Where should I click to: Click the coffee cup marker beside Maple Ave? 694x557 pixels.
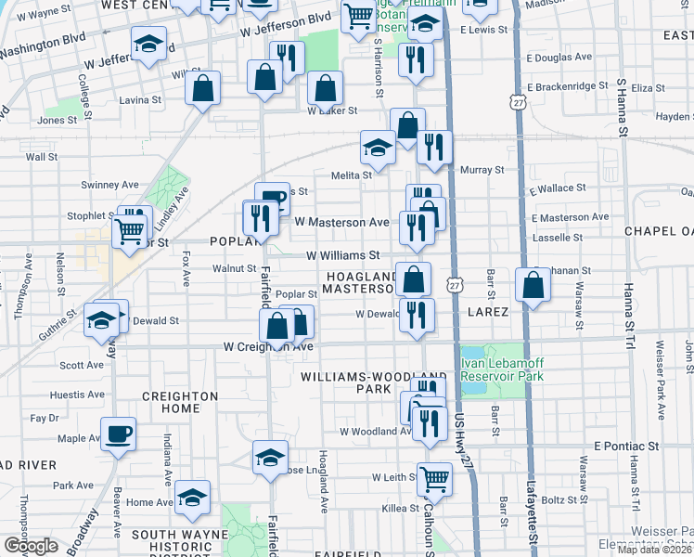pyautogui.click(x=118, y=434)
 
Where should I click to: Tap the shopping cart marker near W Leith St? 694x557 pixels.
pyautogui.click(x=434, y=479)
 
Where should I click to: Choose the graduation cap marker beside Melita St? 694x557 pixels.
pyautogui.click(x=378, y=147)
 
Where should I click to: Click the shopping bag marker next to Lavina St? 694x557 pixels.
pyautogui.click(x=202, y=90)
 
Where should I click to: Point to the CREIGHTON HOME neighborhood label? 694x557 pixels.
pyautogui.click(x=179, y=402)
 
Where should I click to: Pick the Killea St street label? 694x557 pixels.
pyautogui.click(x=401, y=508)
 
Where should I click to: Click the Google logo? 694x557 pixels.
pyautogui.click(x=31, y=546)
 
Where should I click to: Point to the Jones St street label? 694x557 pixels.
pyautogui.click(x=58, y=121)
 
